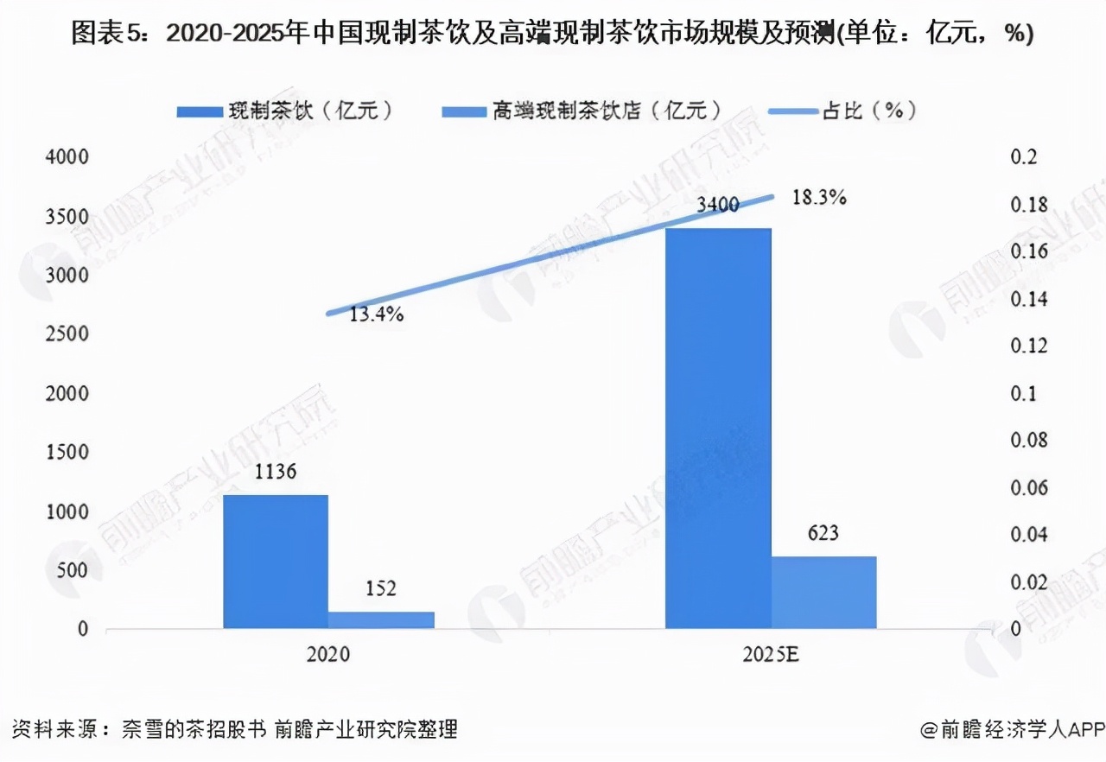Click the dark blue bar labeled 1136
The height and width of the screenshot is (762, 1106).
tap(276, 562)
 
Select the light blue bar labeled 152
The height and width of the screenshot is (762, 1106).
tap(381, 619)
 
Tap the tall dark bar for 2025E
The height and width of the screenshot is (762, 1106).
tap(718, 428)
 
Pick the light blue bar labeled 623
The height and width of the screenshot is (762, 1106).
tap(823, 592)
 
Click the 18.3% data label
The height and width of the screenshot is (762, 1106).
tap(818, 198)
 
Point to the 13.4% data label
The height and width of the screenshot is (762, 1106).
tap(377, 314)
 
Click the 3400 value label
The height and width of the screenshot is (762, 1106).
tap(716, 206)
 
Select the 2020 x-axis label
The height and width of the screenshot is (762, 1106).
tap(328, 655)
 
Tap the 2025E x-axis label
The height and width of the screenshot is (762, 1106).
tap(771, 655)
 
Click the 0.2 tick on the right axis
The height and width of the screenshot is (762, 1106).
tap(1022, 158)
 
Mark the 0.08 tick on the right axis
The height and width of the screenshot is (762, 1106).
tap(1028, 441)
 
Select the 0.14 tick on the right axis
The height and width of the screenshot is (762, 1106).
tap(1028, 300)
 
